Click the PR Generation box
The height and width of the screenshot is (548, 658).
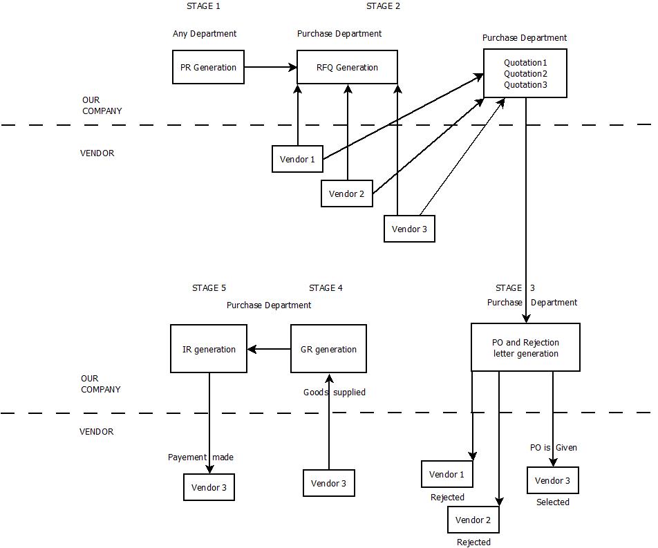point(208,67)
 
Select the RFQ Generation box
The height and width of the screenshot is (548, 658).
point(347,67)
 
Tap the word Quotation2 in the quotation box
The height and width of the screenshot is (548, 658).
point(525,74)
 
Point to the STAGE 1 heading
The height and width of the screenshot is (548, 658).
point(204,6)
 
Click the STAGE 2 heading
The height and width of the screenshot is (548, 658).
point(383,6)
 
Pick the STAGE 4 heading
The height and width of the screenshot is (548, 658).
point(326,288)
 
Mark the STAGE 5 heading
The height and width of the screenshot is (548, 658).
point(209,288)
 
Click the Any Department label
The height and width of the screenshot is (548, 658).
point(205,34)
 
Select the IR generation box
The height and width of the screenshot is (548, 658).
point(209,349)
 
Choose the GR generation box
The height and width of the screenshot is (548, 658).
point(328,349)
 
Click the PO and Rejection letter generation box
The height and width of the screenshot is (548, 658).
point(525,348)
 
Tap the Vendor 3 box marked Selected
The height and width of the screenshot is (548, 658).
point(552,480)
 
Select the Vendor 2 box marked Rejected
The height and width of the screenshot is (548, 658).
point(473,520)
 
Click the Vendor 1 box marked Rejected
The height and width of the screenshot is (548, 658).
point(446,474)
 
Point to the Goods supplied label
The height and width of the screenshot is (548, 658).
point(335,393)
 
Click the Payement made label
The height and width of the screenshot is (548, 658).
point(200,457)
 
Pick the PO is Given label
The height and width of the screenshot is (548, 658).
point(553,448)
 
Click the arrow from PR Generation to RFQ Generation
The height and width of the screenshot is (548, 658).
point(270,67)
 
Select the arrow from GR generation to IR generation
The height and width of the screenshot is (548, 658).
point(269,349)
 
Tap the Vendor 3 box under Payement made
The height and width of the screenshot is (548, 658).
point(209,487)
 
